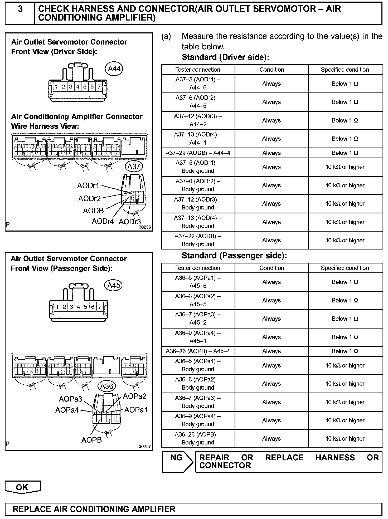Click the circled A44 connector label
click(x=114, y=69)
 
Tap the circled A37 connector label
click(x=134, y=167)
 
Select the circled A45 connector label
click(x=114, y=285)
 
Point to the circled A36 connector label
click(x=107, y=386)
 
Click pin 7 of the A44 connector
click(x=99, y=87)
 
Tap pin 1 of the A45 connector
click(x=57, y=307)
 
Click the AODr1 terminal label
click(x=88, y=186)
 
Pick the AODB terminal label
click(x=93, y=211)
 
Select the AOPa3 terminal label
click(x=70, y=399)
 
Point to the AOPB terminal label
click(x=91, y=440)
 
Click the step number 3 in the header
click(x=20, y=9)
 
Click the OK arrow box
click(x=22, y=487)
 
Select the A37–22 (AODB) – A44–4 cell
click(x=198, y=153)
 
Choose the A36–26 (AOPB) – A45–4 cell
click(x=198, y=351)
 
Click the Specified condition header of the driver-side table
click(x=345, y=70)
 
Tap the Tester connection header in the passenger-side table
click(x=198, y=268)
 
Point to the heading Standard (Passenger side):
click(x=234, y=256)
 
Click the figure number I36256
click(x=144, y=227)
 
